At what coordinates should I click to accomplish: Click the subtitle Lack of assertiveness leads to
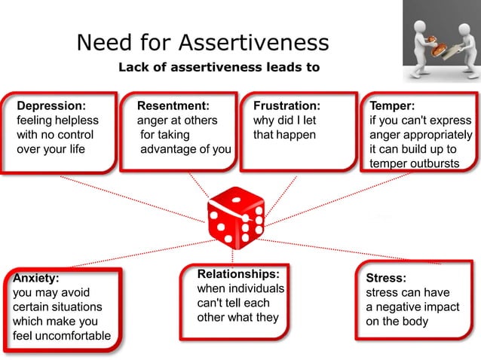[x=219, y=67]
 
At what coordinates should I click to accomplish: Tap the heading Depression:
[x=51, y=106]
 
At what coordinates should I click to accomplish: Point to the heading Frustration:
[x=286, y=106]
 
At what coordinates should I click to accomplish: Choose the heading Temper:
[x=391, y=106]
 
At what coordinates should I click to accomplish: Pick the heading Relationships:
[x=238, y=273]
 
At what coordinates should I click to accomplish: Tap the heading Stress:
[x=385, y=277]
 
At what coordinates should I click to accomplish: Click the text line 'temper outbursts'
[x=414, y=163]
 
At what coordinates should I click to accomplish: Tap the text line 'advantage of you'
[x=185, y=149]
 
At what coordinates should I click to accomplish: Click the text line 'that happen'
[x=284, y=135]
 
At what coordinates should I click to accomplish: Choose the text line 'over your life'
[x=51, y=149]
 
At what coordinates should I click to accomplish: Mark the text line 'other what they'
[x=238, y=316]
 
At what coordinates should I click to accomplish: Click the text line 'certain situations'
[x=57, y=307]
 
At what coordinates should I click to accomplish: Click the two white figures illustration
[x=440, y=42]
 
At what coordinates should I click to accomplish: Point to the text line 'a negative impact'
[x=413, y=307]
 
